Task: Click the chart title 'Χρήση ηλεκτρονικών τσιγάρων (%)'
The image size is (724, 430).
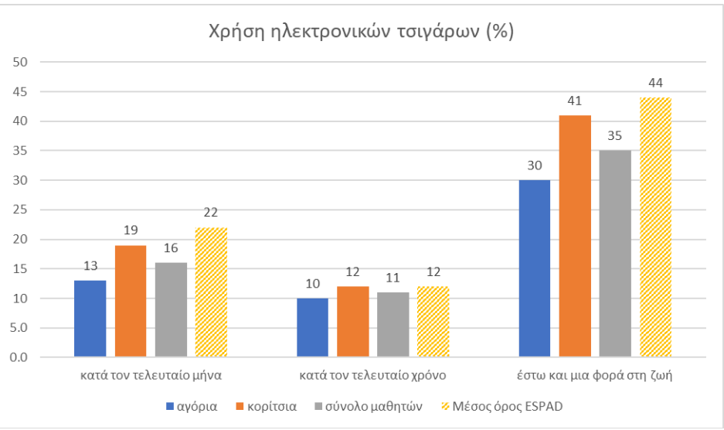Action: pyautogui.click(x=362, y=32)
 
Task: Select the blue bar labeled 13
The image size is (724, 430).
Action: pyautogui.click(x=90, y=319)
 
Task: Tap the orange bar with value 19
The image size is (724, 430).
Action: pyautogui.click(x=130, y=302)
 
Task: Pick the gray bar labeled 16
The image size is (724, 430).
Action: pyautogui.click(x=171, y=310)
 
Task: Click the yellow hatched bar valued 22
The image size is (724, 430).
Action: pyautogui.click(x=211, y=292)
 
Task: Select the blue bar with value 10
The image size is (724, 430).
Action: pyautogui.click(x=312, y=328)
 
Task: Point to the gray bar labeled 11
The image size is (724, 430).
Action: pyautogui.click(x=393, y=325)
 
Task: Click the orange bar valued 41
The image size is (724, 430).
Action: pyautogui.click(x=575, y=236)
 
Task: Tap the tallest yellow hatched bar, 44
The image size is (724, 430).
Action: pyautogui.click(x=655, y=227)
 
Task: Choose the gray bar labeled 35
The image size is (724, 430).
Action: pyautogui.click(x=615, y=254)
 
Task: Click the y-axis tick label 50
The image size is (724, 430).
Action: pyautogui.click(x=22, y=62)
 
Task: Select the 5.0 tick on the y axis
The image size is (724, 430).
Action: pyautogui.click(x=21, y=328)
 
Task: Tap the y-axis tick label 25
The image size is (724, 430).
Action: pyautogui.click(x=22, y=210)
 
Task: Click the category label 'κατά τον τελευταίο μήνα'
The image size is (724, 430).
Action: pyautogui.click(x=151, y=377)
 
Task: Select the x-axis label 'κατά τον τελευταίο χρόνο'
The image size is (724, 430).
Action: pyautogui.click(x=372, y=377)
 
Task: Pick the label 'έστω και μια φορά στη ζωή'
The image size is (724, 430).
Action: pyautogui.click(x=595, y=377)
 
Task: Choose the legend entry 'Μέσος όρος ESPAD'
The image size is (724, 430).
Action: pyautogui.click(x=510, y=406)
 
